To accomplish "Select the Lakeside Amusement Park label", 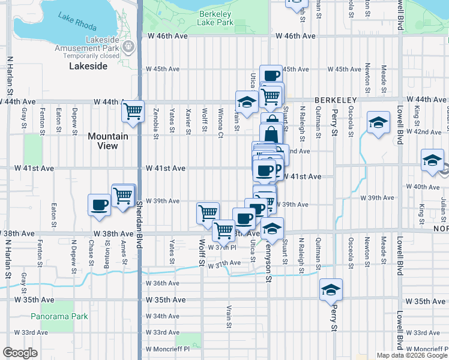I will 103,43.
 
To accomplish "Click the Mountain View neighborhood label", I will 108,140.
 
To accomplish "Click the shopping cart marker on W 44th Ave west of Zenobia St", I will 133,110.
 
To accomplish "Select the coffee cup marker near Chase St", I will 99,205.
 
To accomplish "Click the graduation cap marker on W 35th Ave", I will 330,289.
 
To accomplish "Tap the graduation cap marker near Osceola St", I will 378,123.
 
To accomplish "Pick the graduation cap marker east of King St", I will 432,160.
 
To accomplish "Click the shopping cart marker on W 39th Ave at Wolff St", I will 208,212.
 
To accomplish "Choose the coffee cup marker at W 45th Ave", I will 271,75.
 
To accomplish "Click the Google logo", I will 20,353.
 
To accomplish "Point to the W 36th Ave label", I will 162,283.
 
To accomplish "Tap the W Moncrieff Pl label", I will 167,349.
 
